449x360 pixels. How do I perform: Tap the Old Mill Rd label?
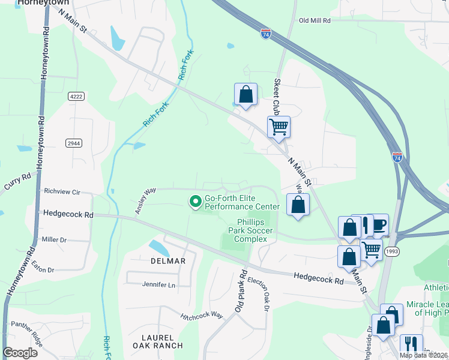[x=315, y=20]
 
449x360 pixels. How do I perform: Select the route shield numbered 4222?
[x=76, y=96]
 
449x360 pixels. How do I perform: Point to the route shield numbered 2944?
[x=74, y=143]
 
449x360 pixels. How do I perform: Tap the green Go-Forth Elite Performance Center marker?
[x=195, y=202]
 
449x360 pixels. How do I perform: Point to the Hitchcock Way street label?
[x=202, y=315]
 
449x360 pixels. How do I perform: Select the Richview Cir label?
[x=62, y=191]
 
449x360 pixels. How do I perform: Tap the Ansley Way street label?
[x=145, y=195]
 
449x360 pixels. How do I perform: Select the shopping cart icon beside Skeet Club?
[x=279, y=127]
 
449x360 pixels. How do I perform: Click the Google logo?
[x=20, y=353]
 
